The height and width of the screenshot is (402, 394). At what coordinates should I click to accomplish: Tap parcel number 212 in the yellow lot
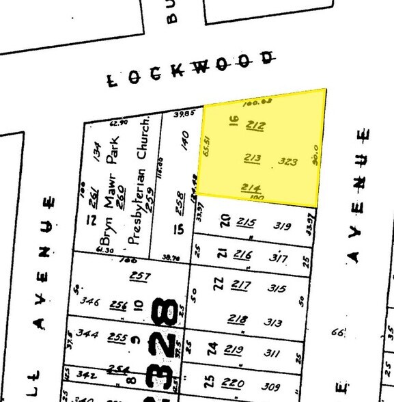255,125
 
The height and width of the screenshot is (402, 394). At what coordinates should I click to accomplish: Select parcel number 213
253,159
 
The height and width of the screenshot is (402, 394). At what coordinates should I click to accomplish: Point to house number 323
288,162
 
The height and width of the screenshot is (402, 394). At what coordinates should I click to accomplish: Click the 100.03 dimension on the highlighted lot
253,102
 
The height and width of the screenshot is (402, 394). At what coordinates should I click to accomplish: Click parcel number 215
245,222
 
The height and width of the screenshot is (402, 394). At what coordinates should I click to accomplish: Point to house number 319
282,225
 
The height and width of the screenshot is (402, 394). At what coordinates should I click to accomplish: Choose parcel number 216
242,255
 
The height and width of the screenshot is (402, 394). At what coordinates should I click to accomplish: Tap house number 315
277,289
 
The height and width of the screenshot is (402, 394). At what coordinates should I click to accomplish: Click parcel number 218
238,319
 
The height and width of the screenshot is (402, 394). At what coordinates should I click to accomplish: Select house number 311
272,353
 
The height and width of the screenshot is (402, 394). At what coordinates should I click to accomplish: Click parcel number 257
140,276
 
